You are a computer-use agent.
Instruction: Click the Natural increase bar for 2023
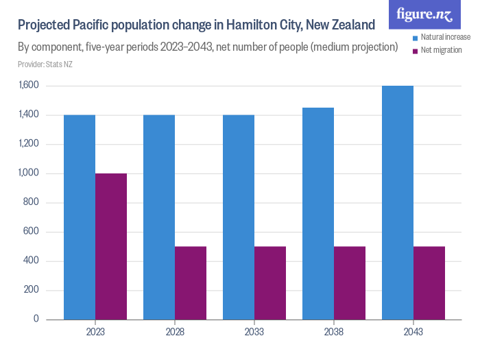(80, 217)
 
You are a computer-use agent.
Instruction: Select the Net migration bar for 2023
(111, 246)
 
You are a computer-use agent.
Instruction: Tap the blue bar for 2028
(159, 217)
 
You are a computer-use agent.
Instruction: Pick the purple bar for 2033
(270, 283)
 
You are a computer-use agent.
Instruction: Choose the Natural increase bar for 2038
(318, 213)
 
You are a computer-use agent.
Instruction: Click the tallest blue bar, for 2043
(398, 202)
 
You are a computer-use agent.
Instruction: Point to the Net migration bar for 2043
(429, 283)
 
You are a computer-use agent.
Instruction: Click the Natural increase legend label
(445, 37)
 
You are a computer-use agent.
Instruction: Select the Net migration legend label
(441, 51)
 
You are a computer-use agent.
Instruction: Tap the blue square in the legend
(415, 37)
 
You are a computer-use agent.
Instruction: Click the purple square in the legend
(415, 51)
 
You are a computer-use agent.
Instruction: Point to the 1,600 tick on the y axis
(30, 86)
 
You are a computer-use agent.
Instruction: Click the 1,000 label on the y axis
(30, 173)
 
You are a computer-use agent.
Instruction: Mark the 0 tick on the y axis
(37, 320)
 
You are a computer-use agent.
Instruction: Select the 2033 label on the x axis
(254, 332)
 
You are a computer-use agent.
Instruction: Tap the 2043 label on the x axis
(413, 332)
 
